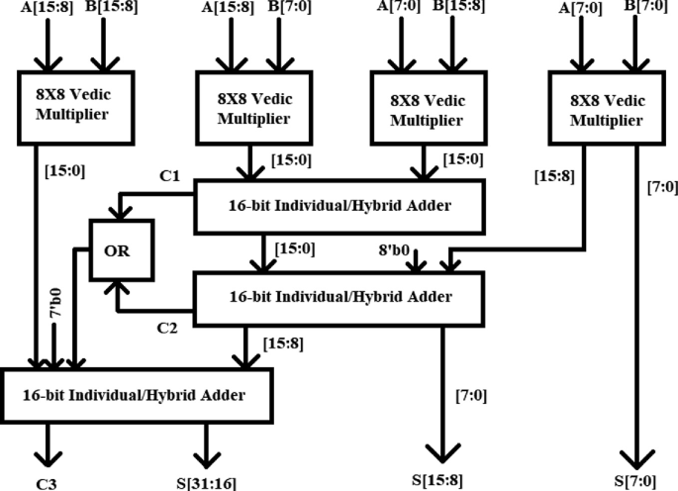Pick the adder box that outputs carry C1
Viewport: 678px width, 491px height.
point(339,204)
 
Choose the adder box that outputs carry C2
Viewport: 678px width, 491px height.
point(339,296)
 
